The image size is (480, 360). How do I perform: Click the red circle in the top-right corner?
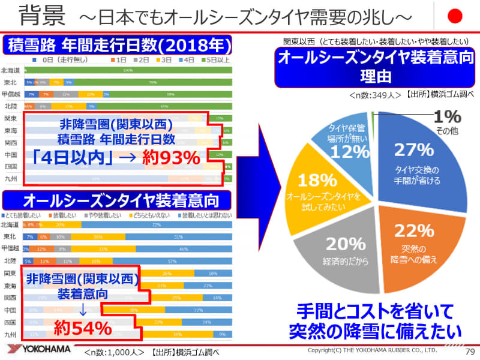(457, 15)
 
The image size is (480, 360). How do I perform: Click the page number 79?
(469, 350)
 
